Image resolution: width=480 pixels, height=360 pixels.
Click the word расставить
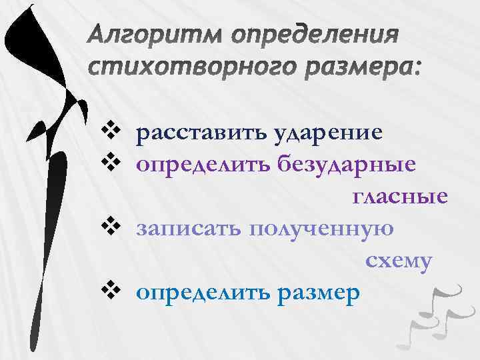coord(201,133)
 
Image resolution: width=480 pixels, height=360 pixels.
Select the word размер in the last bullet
coord(318,293)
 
